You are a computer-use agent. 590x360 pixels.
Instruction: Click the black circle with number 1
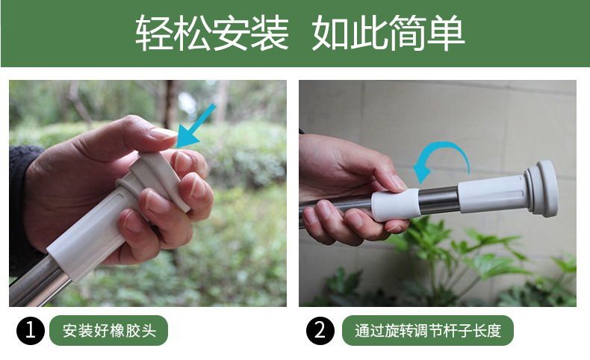coord(31,330)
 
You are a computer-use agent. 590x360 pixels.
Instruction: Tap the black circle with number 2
coord(320,330)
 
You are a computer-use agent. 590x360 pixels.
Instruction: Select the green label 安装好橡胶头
coord(109,330)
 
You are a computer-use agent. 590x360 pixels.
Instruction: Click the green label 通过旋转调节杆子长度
coord(428,330)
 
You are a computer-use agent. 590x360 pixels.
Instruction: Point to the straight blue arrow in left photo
coord(195,126)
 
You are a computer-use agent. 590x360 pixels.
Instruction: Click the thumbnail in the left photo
coord(163,133)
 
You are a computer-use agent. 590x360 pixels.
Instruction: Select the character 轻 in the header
coord(154,33)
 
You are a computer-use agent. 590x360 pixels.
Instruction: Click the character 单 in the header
coord(447,33)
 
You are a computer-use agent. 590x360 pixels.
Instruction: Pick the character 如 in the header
coord(331,33)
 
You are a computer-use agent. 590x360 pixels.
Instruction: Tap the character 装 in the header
coord(270,33)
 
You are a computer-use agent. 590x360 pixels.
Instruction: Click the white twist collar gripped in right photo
coord(396,205)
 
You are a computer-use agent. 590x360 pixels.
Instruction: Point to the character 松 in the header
coord(193,33)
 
